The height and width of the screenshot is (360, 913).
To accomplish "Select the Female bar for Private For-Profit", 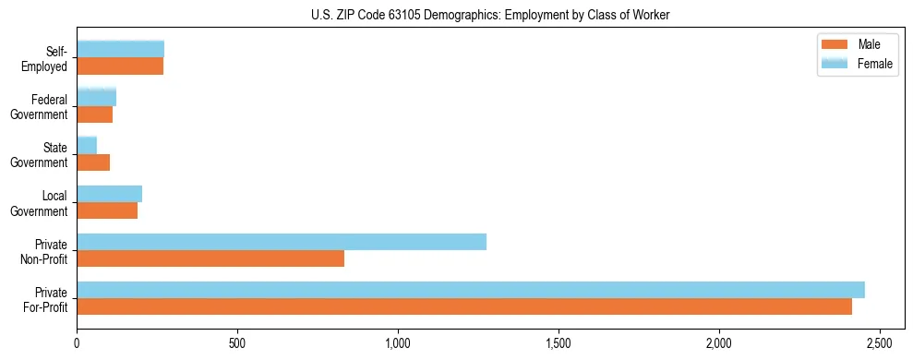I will point(471,290).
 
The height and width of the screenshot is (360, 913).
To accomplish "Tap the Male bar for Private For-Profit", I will point(464,306).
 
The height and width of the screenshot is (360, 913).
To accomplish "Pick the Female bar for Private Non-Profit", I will point(282,242).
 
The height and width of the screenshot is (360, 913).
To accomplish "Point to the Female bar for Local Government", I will point(110,194).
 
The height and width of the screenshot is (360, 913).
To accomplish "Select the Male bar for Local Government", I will point(107,210).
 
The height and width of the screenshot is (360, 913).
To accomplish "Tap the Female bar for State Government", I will point(87,145).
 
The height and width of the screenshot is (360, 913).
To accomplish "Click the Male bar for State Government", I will point(93,162).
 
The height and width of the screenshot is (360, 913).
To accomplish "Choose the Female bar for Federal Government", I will point(97,97).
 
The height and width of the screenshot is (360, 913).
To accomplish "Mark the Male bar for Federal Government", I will point(95,114).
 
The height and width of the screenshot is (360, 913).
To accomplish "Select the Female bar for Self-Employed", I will point(121,49).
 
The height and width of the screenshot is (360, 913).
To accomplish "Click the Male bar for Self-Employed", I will point(120,66).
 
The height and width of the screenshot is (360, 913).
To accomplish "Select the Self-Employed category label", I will point(48,58).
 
